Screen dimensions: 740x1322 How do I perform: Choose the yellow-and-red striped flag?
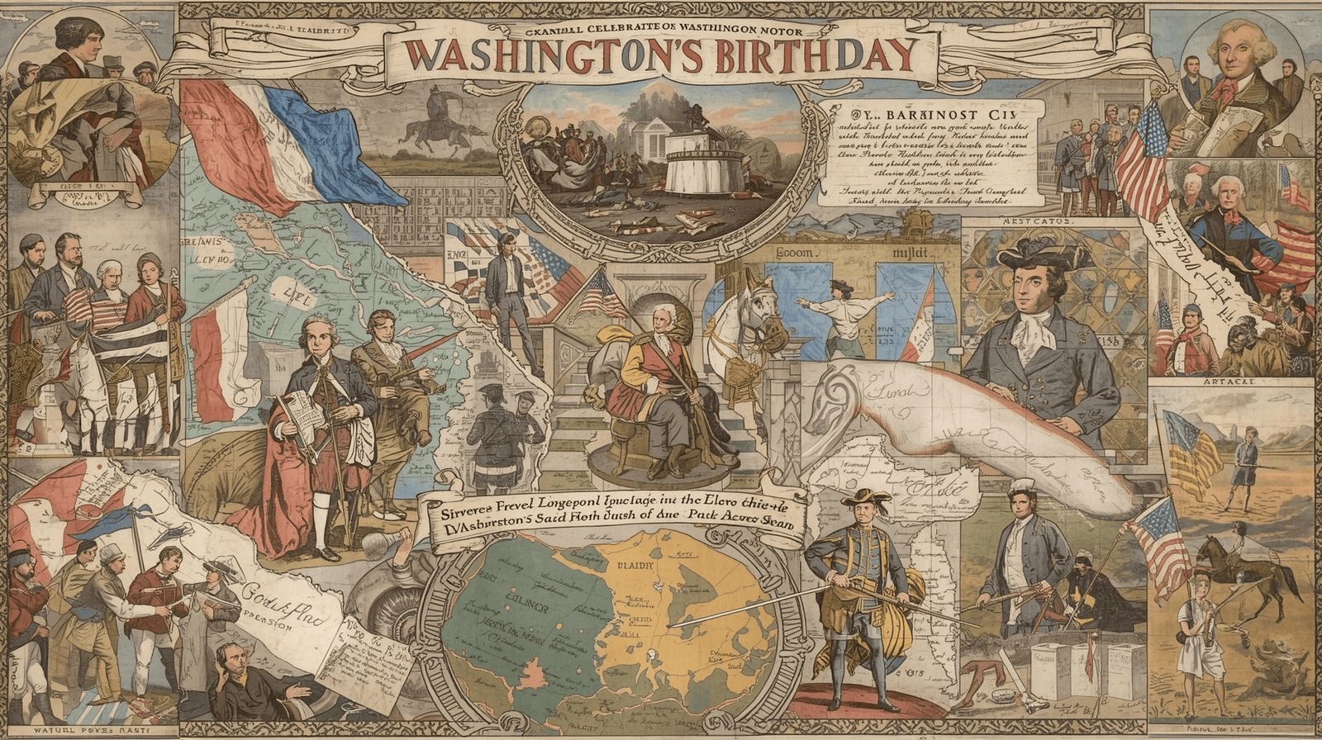click(x=1194, y=454)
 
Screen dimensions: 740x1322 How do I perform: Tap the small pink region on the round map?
click(x=533, y=702)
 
